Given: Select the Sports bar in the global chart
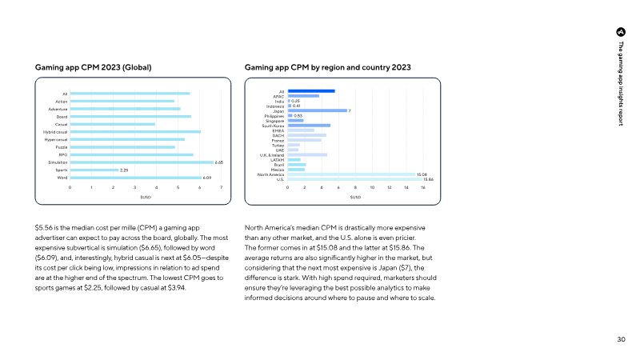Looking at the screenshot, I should point(94,170).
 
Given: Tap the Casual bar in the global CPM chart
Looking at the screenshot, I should point(112,124).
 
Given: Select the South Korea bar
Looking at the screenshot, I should point(309,126).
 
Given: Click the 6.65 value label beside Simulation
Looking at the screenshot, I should point(218,162).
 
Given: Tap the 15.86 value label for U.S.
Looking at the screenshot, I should point(428,179).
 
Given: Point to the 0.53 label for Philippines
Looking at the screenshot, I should point(298,115).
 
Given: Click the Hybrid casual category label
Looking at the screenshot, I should point(55,132).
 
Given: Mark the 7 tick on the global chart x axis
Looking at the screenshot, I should point(221,186).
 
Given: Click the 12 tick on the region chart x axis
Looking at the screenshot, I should point(389,186).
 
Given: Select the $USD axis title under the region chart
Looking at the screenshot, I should point(355,197).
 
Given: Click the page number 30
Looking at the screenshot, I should point(621,340).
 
